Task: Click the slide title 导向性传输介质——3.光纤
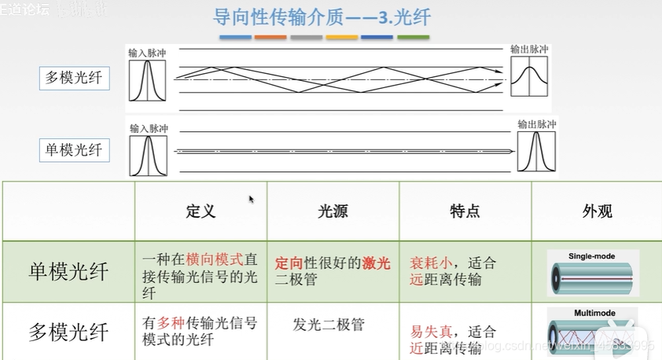tap(322, 17)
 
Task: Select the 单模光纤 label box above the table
tap(74, 149)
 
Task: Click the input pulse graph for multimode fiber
tap(148, 80)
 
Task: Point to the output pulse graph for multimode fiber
tap(529, 76)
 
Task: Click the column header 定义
tap(200, 211)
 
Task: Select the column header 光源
tap(333, 211)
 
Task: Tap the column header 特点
tap(465, 211)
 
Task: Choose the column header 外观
tap(597, 211)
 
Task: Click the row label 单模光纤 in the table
tap(68, 272)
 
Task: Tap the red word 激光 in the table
tap(376, 264)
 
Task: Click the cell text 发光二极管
tap(329, 324)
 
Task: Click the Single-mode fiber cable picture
tap(594, 271)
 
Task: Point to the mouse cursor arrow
tap(252, 200)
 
